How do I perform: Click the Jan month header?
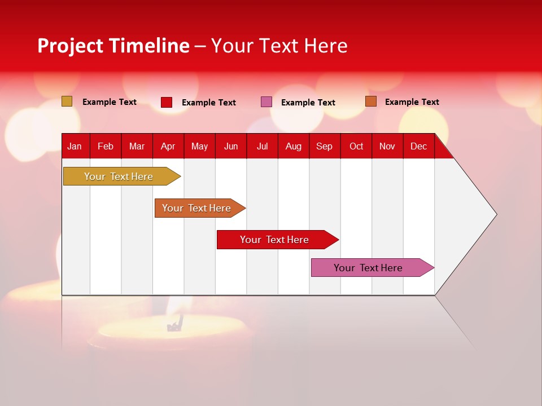click(x=75, y=146)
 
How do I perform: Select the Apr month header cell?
click(x=168, y=146)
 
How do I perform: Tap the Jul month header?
click(x=262, y=146)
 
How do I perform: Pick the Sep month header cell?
click(x=325, y=146)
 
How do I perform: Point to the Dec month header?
click(x=418, y=146)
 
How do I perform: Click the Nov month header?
click(x=387, y=146)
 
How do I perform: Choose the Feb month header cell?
click(x=106, y=146)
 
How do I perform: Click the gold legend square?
click(x=67, y=101)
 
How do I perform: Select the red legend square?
click(x=167, y=102)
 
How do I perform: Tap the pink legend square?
click(x=266, y=102)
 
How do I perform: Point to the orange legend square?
click(x=371, y=101)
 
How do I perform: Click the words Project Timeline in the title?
click(x=113, y=46)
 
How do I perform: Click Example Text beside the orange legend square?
click(x=412, y=102)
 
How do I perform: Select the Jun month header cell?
click(x=231, y=146)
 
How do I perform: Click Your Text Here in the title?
click(x=279, y=46)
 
